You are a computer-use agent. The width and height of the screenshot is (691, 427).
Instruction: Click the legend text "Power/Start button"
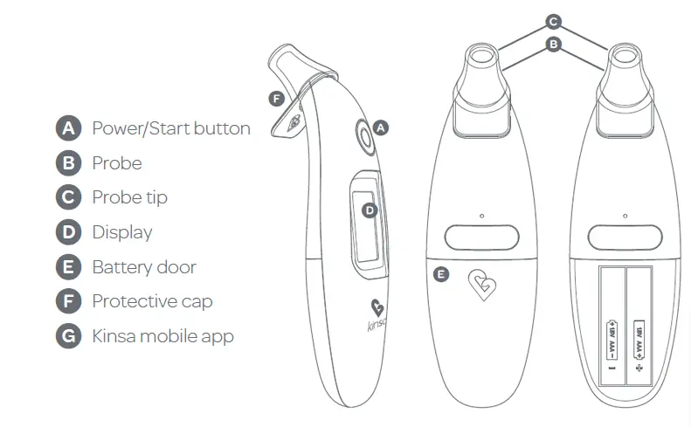tap(171, 128)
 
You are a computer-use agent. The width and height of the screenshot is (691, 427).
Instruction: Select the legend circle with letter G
tap(68, 336)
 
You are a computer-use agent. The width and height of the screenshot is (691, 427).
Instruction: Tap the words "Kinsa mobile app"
tap(162, 336)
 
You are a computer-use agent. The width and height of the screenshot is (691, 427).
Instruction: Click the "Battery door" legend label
tap(144, 267)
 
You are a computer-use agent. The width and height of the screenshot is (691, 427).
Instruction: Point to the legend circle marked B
tap(68, 163)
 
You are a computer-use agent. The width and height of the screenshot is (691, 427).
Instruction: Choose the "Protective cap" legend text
tap(152, 301)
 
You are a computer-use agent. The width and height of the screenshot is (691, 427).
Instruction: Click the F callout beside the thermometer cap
tap(276, 99)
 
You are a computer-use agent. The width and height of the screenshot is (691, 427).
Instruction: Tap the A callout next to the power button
tap(380, 127)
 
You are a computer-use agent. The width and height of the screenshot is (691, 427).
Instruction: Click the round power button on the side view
tap(363, 136)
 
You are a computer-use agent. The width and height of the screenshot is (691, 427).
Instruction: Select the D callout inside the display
tap(370, 210)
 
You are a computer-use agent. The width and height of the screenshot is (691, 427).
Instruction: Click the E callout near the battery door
tap(441, 274)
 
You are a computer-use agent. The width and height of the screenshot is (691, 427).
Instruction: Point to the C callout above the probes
tap(552, 20)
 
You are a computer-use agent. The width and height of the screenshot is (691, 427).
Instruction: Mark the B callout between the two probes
tap(552, 43)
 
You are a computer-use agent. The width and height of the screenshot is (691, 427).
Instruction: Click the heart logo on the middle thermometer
tap(480, 285)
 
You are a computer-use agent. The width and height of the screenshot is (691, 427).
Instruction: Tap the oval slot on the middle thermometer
tap(480, 236)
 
